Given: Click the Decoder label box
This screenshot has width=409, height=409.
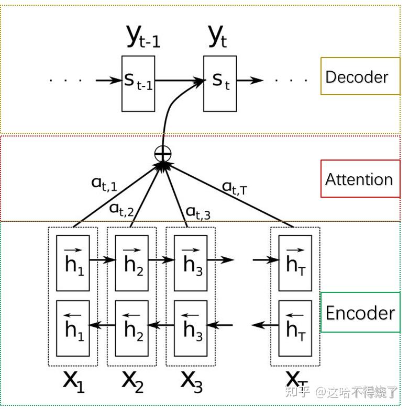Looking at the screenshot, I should click(x=357, y=76).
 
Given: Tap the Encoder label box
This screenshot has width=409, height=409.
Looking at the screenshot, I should click(x=359, y=313).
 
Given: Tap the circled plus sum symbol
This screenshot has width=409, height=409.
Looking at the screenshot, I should click(x=163, y=153).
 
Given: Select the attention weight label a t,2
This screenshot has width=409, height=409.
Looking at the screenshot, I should click(x=121, y=209).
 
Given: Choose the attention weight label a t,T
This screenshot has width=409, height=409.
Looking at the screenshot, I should click(x=234, y=187).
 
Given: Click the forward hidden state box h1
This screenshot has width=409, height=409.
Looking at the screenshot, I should click(x=73, y=263).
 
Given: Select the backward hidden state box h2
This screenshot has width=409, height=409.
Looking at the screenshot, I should click(x=132, y=328).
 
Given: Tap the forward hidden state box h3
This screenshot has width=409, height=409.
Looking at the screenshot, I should click(x=191, y=263).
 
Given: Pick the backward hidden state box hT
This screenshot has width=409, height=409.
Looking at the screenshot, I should click(x=295, y=328).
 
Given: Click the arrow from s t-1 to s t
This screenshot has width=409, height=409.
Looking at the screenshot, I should click(x=179, y=81).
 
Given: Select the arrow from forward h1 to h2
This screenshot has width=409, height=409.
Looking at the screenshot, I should click(x=102, y=259).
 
